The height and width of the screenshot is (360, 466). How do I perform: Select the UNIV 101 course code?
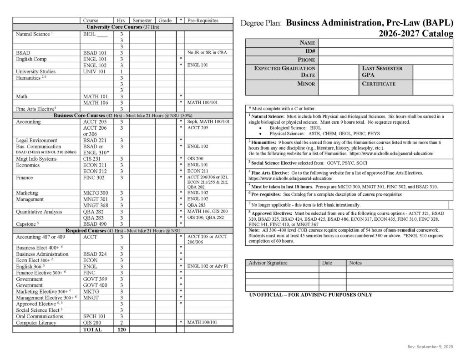pyautogui.click(x=94, y=71)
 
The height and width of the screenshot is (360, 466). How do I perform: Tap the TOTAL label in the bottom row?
pyautogui.click(x=92, y=329)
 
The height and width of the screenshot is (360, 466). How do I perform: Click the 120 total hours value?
pyautogui.click(x=121, y=329)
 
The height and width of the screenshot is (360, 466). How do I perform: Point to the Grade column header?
pyautogui.click(x=165, y=20)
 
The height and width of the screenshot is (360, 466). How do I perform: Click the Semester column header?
pyautogui.click(x=142, y=20)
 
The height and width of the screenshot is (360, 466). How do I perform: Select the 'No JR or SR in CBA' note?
pyautogui.click(x=207, y=53)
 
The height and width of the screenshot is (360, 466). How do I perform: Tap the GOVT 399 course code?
pyautogui.click(x=94, y=279)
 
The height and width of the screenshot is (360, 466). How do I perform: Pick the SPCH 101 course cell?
pyautogui.click(x=94, y=316)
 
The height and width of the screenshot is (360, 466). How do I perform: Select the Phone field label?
pyautogui.click(x=306, y=60)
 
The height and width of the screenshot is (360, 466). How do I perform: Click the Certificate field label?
pyautogui.click(x=379, y=84)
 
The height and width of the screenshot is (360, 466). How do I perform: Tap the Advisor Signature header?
pyautogui.click(x=268, y=263)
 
